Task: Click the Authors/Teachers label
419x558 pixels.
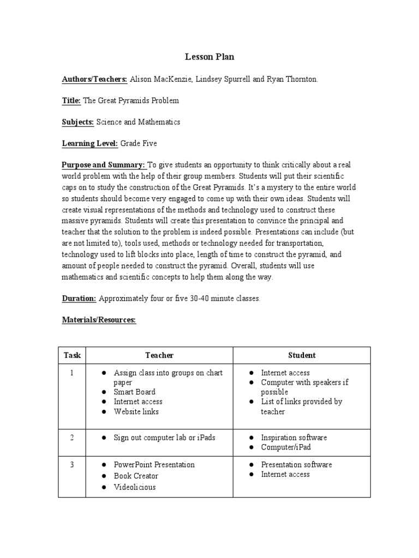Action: pos(94,79)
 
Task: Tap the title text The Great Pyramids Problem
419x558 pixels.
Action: pos(130,101)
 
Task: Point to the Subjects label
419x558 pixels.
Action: pos(78,122)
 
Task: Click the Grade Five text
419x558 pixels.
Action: pos(139,143)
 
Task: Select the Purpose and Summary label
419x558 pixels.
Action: pos(103,165)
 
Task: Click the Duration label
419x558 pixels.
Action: pos(79,299)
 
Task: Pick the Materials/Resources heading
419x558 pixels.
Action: pos(98,320)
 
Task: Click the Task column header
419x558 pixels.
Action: pos(72,355)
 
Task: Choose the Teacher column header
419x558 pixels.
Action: pos(159,355)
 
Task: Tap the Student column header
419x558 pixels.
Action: pos(302,355)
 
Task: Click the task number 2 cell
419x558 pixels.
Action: pos(71,438)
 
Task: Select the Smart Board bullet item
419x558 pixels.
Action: pos(134,392)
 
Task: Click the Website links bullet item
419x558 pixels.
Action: pos(136,411)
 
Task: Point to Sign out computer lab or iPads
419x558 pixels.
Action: pos(165,438)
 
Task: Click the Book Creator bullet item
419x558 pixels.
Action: pos(136,476)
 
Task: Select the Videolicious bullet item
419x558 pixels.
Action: pos(135,487)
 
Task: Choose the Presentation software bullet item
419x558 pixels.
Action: pos(296,465)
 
